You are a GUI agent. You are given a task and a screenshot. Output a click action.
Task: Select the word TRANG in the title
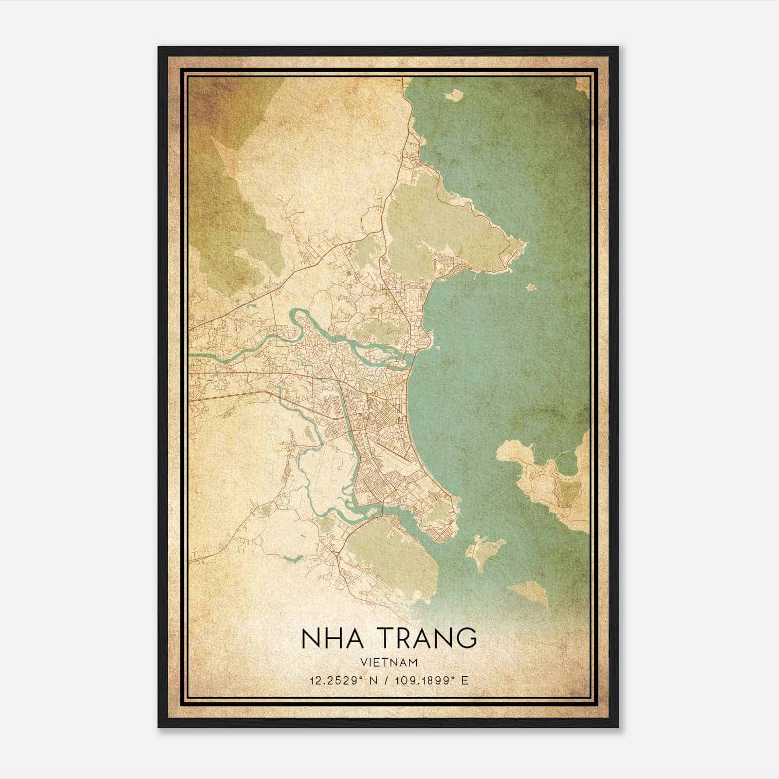[427, 638]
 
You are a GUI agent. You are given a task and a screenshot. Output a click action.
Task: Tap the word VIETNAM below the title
[389, 662]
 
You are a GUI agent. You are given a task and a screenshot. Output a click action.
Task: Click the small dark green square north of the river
[349, 274]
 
